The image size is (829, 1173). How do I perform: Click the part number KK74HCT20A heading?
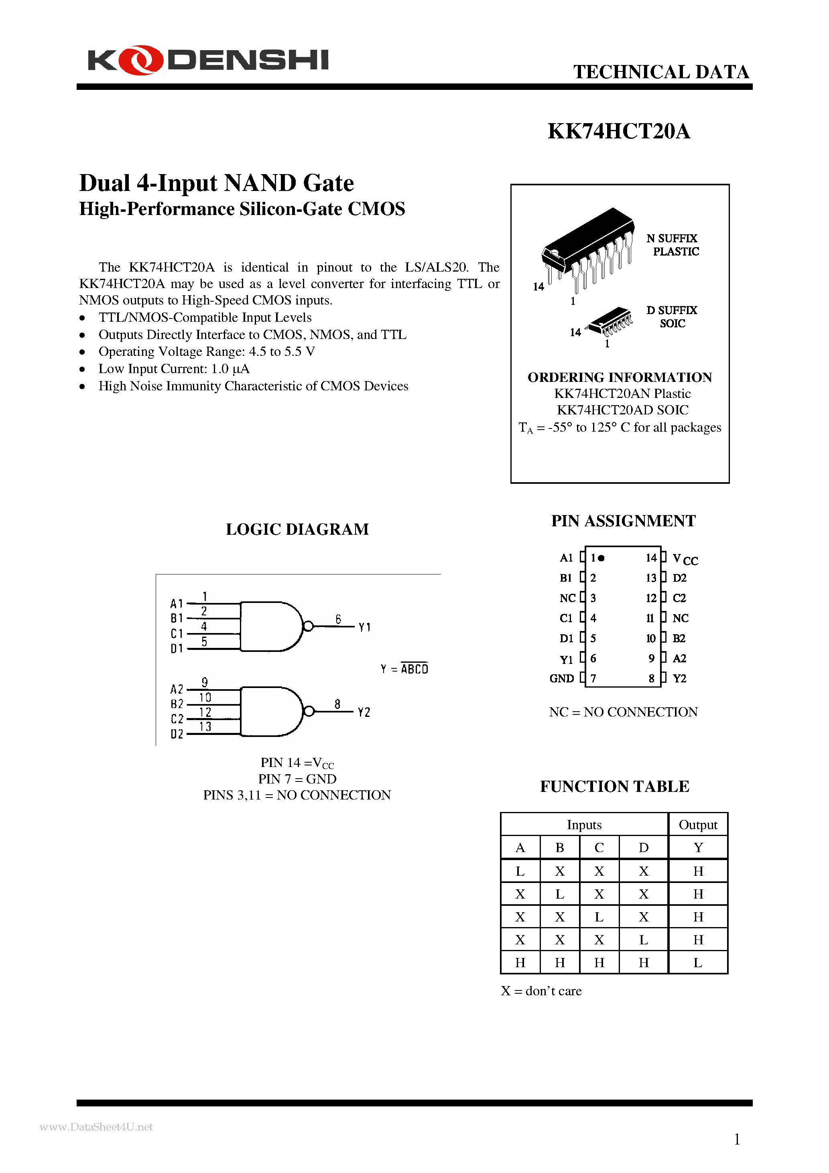click(x=618, y=131)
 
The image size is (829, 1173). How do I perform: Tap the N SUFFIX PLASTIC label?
click(x=673, y=245)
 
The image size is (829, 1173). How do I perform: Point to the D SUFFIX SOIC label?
click(x=672, y=317)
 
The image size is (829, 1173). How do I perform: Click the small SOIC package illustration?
click(x=610, y=320)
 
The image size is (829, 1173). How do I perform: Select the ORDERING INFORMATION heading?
click(x=620, y=377)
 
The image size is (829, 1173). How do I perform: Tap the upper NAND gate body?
click(x=268, y=626)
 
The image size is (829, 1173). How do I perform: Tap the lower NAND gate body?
click(x=268, y=711)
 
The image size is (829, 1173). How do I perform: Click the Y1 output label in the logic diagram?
click(x=364, y=627)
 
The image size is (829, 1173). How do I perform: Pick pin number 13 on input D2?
click(x=205, y=727)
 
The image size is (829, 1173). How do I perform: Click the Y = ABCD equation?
click(x=404, y=668)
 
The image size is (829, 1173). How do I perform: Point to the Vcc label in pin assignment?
click(x=685, y=560)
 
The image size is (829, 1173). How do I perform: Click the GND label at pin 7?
click(x=561, y=678)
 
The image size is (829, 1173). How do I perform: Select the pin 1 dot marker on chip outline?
click(x=601, y=558)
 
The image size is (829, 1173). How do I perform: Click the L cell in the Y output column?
click(x=698, y=962)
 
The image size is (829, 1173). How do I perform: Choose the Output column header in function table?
click(x=698, y=824)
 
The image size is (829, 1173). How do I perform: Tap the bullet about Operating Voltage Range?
click(x=207, y=351)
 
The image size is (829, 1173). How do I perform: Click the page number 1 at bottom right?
click(x=736, y=1139)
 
